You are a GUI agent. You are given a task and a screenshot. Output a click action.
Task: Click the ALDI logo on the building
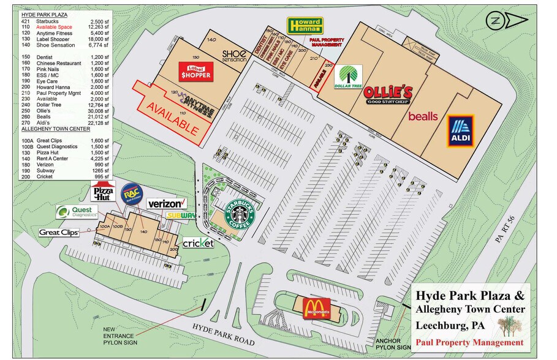pos(461,132)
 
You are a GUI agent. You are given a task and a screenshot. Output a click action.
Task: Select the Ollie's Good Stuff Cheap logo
pos(388,95)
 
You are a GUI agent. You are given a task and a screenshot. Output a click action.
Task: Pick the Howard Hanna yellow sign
pos(305,26)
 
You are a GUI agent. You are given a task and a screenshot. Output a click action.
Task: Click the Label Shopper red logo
pos(195,72)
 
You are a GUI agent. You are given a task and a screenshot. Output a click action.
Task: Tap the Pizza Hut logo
pos(103,192)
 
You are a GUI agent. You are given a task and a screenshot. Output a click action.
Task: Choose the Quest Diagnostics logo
pos(77,212)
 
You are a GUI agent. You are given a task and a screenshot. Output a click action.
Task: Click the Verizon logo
pos(166,203)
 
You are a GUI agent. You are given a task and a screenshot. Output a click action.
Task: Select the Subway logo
pos(180,216)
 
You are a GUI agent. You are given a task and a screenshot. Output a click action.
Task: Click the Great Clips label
pos(58,232)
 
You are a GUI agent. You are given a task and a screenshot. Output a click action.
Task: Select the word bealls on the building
pos(423,116)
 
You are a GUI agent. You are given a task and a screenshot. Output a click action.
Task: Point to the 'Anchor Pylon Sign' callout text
pos(392,344)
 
